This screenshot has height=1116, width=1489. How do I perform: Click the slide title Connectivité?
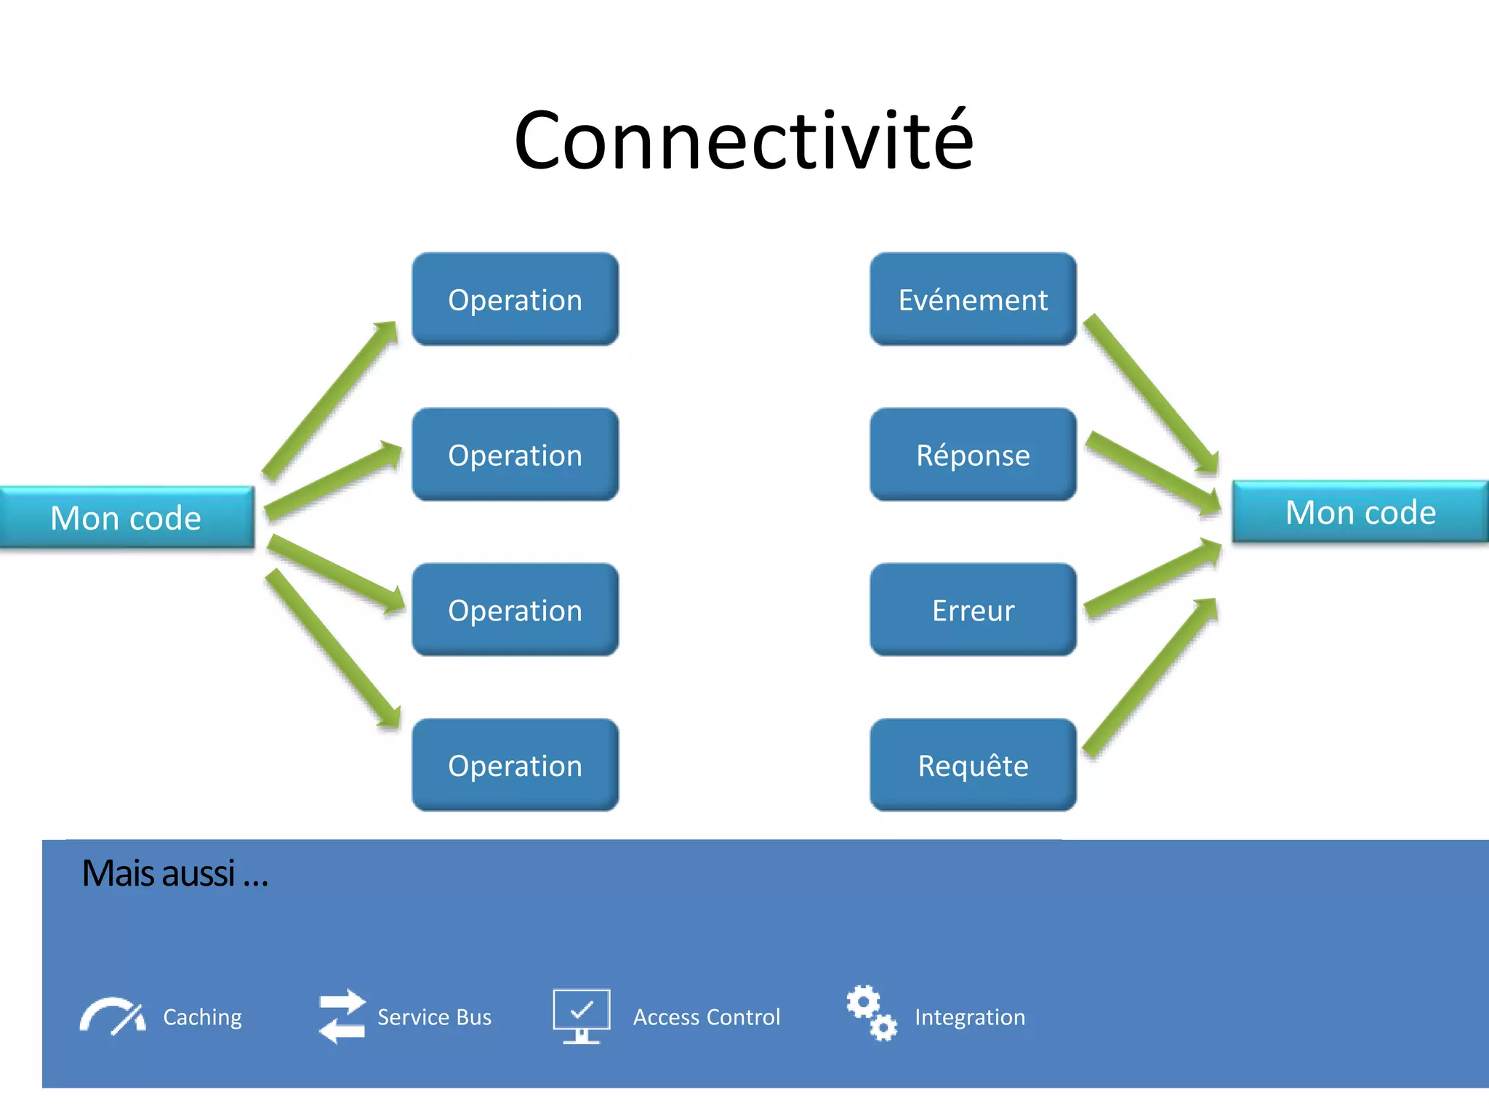[x=743, y=140]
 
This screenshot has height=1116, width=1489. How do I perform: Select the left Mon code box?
[x=127, y=517]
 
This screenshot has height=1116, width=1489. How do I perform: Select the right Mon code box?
[x=1360, y=512]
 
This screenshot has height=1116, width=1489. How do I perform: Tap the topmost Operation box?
[x=515, y=299]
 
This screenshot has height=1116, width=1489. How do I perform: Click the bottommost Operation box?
[x=515, y=765]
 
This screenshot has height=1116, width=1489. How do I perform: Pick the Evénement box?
[x=973, y=299]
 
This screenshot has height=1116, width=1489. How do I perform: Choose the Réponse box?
[x=973, y=455]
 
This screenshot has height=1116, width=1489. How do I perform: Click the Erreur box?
[x=973, y=610]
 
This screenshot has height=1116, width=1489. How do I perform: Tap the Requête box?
[x=973, y=765]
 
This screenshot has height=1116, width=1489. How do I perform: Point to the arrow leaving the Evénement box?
[x=1150, y=393]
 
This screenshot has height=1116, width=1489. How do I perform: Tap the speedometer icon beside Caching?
[x=112, y=1016]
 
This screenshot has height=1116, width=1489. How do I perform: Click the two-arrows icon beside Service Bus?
[x=342, y=1016]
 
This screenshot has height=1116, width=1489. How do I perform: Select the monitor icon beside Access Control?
[x=581, y=1015]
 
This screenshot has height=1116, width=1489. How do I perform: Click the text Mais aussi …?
[x=174, y=873]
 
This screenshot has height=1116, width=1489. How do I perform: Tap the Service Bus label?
[x=434, y=1017]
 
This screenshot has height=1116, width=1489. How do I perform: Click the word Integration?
[x=969, y=1017]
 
